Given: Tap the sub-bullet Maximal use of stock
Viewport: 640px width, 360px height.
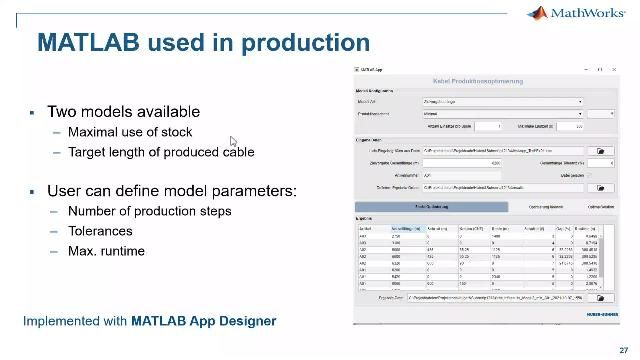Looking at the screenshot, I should point(130,132).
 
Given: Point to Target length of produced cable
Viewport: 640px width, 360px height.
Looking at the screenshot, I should point(160,152).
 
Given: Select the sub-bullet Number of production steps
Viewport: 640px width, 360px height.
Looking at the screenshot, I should point(149,211).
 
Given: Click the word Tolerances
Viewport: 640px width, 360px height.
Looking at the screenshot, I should point(101,230).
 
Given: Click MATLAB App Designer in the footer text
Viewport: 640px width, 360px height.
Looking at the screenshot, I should point(203,321).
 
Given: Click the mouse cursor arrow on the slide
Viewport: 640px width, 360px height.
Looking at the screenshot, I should point(233,142).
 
